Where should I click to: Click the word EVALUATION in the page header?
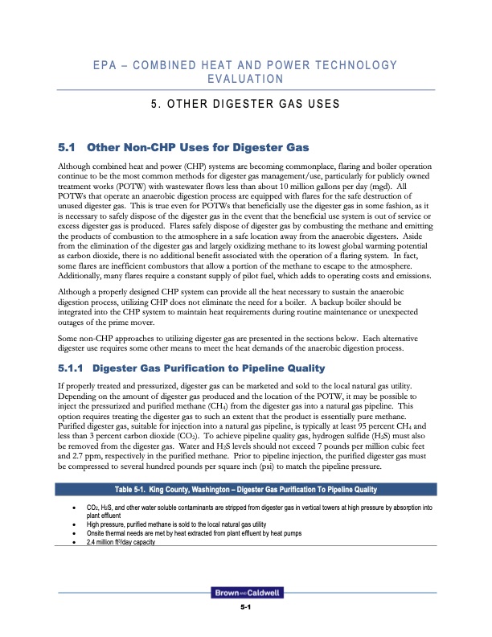tap(245, 79)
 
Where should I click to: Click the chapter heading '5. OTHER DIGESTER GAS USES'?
tap(245, 104)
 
